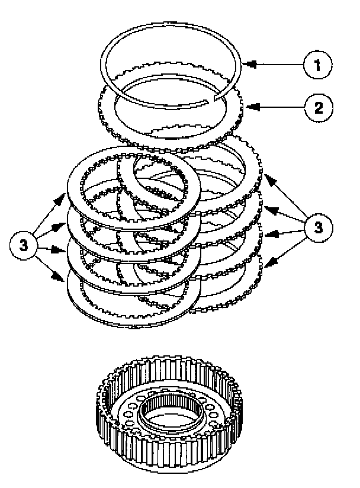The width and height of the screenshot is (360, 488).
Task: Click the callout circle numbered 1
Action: tap(317, 65)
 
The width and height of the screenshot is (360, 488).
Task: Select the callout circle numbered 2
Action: tap(317, 107)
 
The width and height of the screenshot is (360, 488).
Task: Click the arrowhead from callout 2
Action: tap(249, 107)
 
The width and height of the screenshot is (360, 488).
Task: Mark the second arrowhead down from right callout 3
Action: tap(266, 208)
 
